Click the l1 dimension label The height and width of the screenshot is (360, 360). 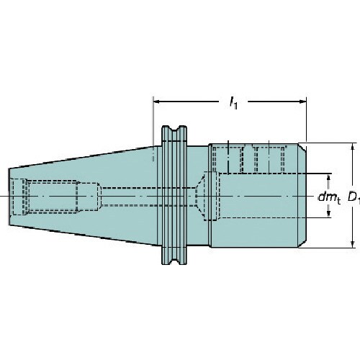click(x=233, y=103)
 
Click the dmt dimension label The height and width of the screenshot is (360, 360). click(x=329, y=198)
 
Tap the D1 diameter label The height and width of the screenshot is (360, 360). click(x=354, y=198)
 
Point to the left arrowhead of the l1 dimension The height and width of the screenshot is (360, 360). click(x=157, y=102)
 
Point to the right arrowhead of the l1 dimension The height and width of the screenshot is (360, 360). click(x=302, y=102)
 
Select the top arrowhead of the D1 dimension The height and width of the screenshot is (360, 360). click(x=352, y=147)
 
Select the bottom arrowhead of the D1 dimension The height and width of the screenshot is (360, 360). click(x=352, y=244)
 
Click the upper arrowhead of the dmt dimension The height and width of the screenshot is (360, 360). click(x=329, y=177)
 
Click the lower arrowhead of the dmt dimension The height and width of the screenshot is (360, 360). click(x=329, y=214)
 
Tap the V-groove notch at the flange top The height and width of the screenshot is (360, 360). click(x=174, y=132)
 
